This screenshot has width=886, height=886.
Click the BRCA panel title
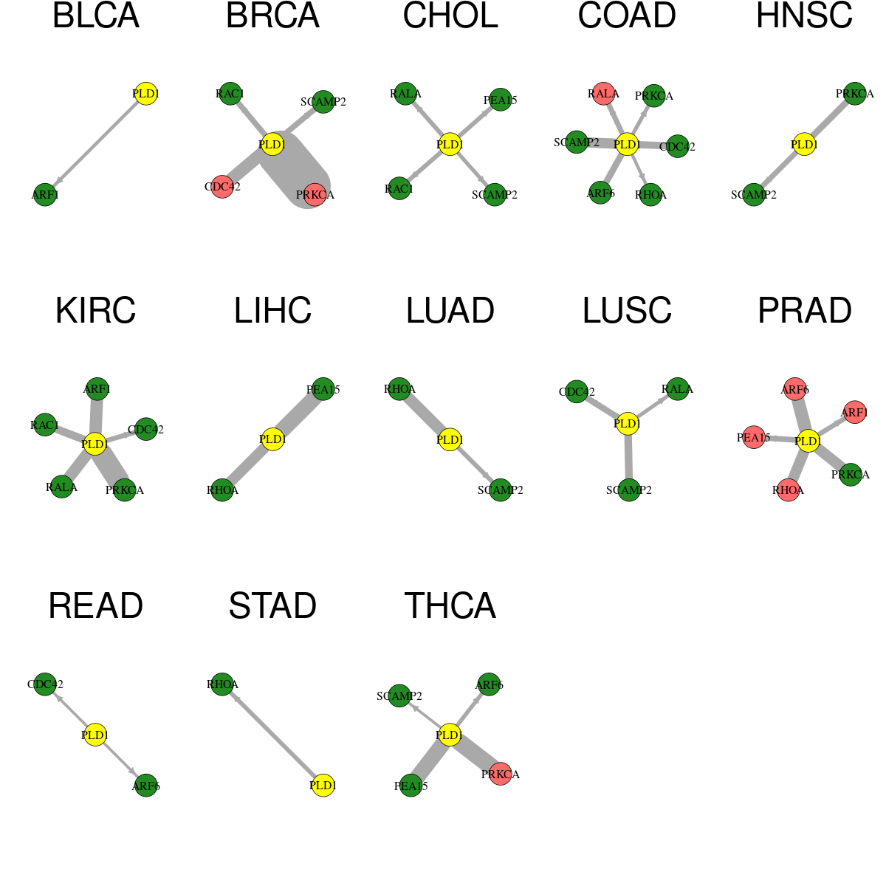coord(272,16)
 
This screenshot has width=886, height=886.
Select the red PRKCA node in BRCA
coord(315,195)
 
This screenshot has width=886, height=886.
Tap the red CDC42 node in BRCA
coord(222,187)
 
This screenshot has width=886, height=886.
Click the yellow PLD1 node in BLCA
coord(145,94)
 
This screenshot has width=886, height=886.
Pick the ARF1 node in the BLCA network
coord(45,195)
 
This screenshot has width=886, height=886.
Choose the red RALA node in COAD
coord(603,94)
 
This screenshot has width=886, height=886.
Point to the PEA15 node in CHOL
coord(501,100)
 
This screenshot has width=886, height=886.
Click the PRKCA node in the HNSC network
coord(855,94)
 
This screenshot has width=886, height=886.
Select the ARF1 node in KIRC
coord(97,389)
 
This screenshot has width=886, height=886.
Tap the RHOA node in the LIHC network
coord(222,490)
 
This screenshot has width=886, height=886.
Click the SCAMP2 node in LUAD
coord(501,490)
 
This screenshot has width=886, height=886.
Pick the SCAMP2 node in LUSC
coord(629,490)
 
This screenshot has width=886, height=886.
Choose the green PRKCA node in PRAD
coord(850,475)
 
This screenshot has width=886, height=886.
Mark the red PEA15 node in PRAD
coord(754,437)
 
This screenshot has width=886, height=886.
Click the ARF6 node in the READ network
coord(145,786)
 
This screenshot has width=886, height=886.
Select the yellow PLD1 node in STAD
coord(323,786)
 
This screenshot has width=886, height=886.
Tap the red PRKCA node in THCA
coord(501,775)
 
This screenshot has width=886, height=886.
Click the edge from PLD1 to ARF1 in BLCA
coord(96,145)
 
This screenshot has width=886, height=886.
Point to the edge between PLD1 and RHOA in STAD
coord(272,735)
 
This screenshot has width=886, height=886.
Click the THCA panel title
coord(450,606)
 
